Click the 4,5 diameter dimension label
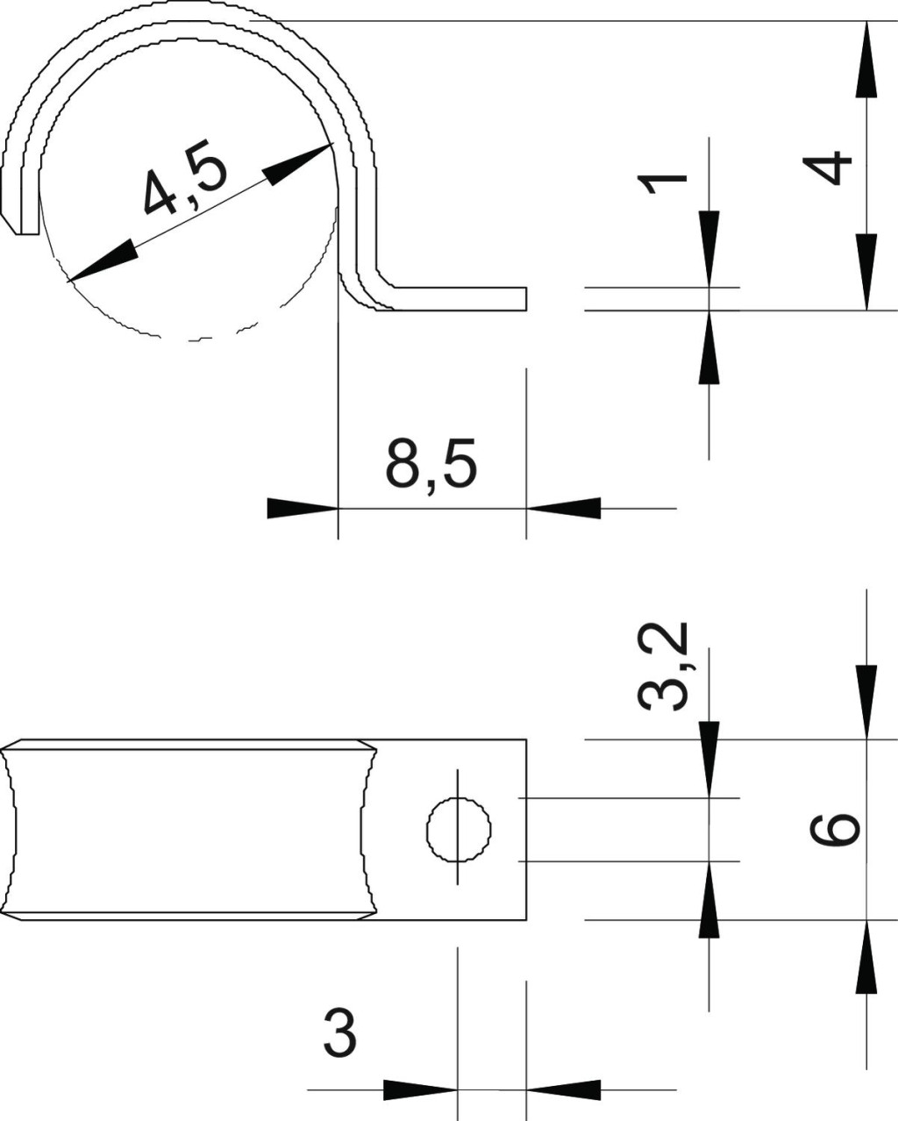point(186,177)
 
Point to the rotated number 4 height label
point(827,167)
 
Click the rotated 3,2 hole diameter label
point(663,667)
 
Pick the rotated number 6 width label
point(835,830)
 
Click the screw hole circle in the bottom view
point(459,829)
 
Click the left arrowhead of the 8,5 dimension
point(303,508)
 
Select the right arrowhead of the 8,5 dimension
point(563,508)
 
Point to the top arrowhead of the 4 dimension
point(866,59)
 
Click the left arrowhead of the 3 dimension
point(420,1086)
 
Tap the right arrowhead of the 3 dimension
point(563,1086)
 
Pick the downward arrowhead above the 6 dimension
point(866,703)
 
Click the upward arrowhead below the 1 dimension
point(709,347)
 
